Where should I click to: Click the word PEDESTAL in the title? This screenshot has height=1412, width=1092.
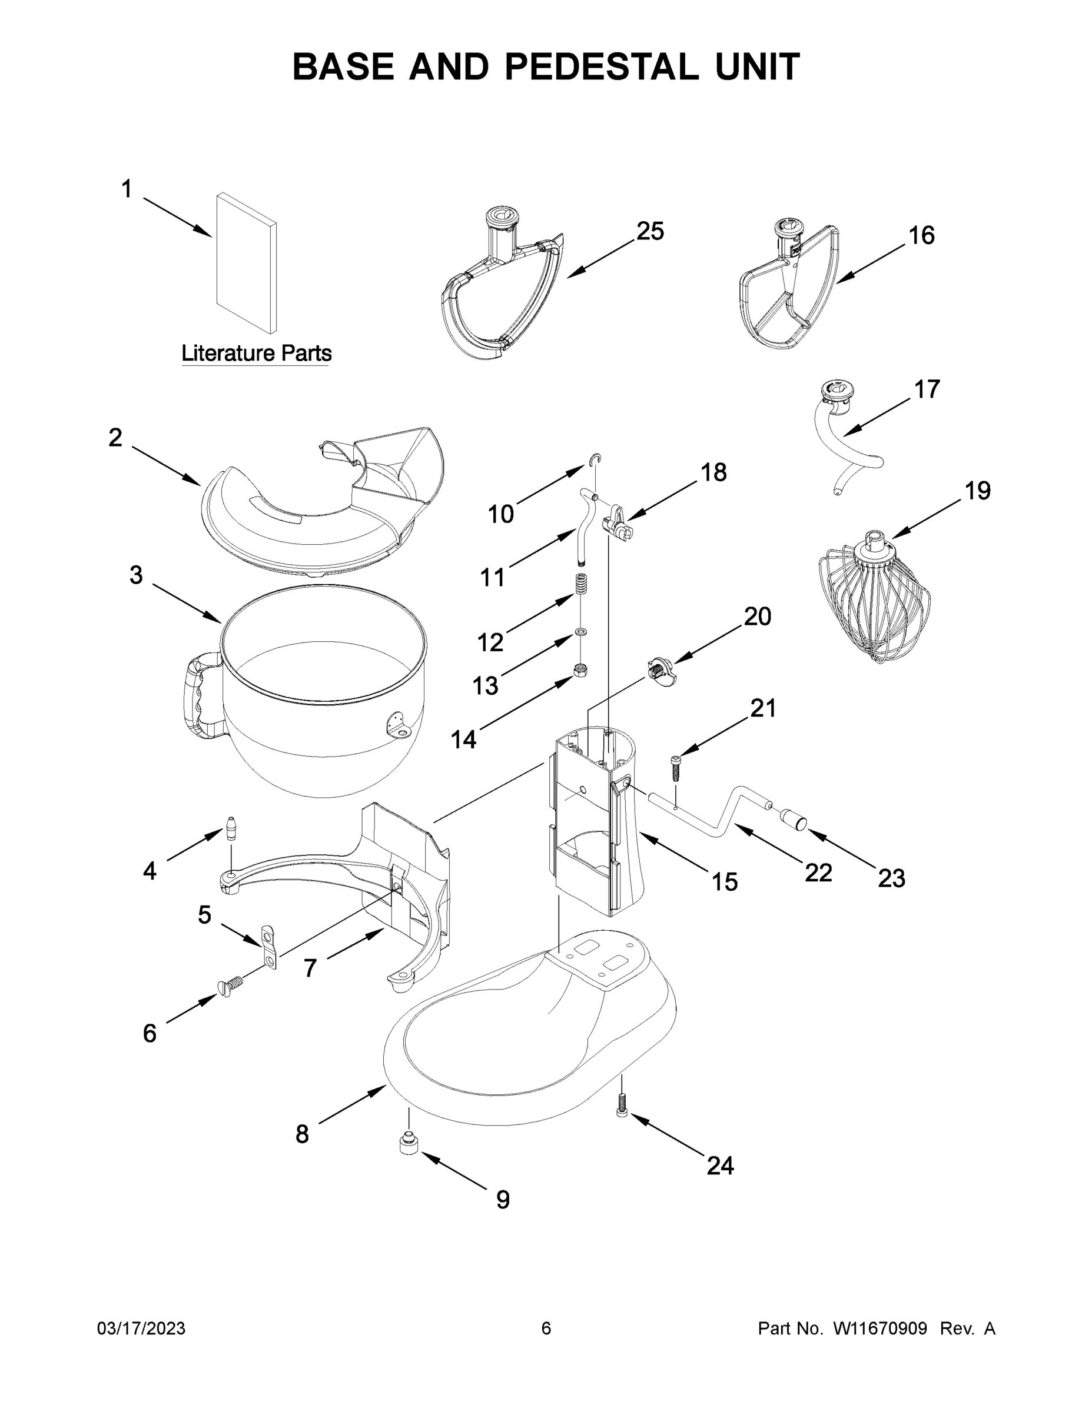tap(601, 66)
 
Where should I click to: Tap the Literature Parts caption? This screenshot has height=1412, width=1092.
tap(256, 354)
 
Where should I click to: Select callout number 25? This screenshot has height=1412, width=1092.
tap(649, 231)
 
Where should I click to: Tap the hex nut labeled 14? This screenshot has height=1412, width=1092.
tap(580, 669)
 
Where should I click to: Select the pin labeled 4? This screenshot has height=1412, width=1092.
tap(231, 828)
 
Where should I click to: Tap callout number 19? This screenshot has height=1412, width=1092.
tap(977, 491)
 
